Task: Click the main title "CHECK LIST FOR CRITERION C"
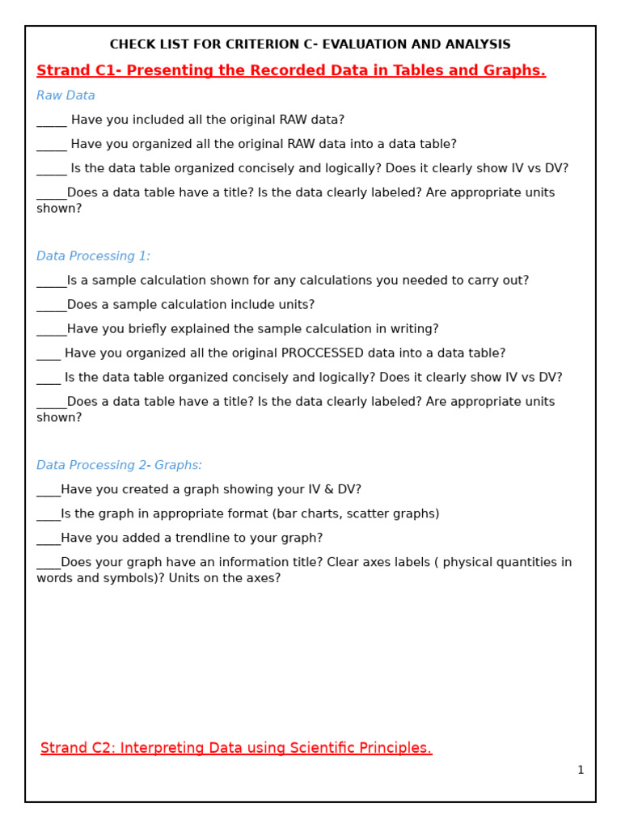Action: pos(310,44)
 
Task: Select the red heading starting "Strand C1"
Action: pos(291,71)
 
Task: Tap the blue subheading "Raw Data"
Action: pos(65,95)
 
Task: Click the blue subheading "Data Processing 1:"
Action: pos(93,256)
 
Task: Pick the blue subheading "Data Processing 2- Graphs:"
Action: pos(119,466)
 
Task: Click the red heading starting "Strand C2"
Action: pos(236,748)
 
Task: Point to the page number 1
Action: pos(580,771)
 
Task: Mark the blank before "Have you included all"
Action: pos(52,122)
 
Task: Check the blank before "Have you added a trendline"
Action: pos(48,540)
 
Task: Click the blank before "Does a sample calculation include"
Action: pos(51,307)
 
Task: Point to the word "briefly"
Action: pos(158,329)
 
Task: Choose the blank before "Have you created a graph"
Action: pos(48,492)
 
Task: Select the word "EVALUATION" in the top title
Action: pos(360,44)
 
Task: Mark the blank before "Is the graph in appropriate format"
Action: pos(48,516)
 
